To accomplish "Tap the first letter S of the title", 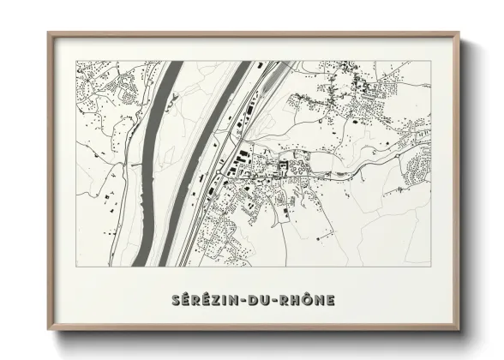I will point(174,300).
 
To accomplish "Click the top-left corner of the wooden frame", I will point(48,33).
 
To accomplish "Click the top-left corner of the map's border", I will point(76,60).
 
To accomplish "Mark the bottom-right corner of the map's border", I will point(431,267).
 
